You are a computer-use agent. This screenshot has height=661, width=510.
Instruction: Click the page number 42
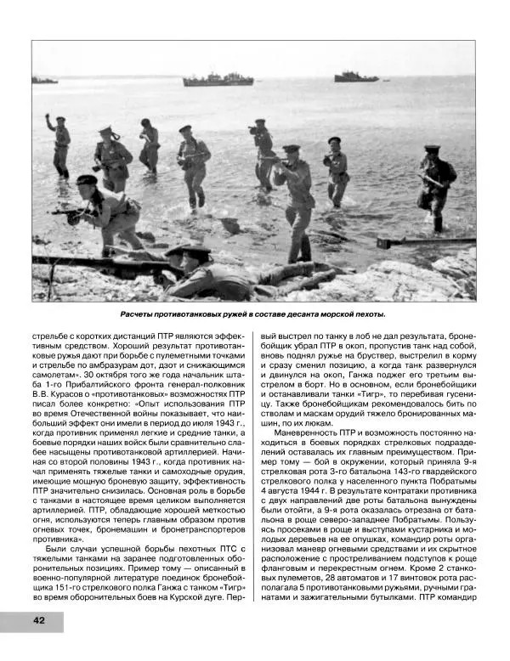pos(39,620)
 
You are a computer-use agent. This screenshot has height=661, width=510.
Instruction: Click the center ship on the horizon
pos(218,80)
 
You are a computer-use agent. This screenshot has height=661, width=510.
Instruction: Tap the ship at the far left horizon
pos(44,81)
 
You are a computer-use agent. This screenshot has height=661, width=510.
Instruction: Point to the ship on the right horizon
pos(356,77)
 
